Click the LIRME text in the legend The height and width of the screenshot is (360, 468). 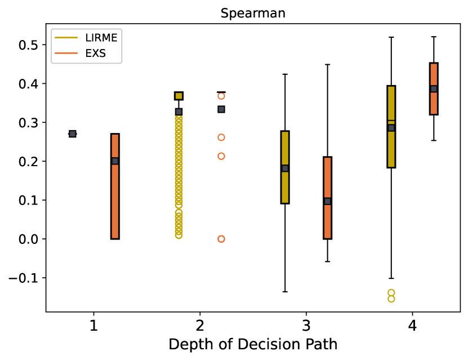(101, 38)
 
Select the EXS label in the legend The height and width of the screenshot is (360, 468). (95, 54)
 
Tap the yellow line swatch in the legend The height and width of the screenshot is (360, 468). (66, 38)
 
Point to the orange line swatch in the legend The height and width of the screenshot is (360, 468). (66, 54)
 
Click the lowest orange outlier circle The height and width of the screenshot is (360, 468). (221, 239)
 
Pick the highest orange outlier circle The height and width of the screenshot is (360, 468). (221, 96)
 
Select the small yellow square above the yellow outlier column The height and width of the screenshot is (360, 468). (179, 96)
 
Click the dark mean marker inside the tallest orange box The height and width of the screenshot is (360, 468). (115, 161)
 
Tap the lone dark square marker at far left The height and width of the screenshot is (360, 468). (73, 134)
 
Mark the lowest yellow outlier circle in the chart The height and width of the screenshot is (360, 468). (391, 299)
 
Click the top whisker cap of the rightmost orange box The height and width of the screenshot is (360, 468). (434, 37)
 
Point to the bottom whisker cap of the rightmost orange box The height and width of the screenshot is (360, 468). (434, 140)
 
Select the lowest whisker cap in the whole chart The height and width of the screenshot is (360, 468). (285, 292)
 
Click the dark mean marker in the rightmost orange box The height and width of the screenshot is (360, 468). (434, 89)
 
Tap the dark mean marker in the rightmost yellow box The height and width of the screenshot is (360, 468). (391, 128)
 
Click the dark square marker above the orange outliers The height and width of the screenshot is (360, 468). (221, 109)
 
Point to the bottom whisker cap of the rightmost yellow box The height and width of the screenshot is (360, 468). (391, 278)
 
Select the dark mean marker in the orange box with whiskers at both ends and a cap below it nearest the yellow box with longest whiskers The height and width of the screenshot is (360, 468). (327, 201)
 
